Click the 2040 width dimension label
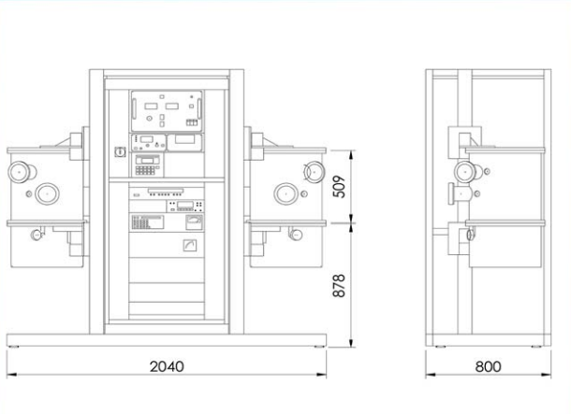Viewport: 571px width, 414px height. (167, 366)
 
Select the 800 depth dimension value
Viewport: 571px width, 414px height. (488, 366)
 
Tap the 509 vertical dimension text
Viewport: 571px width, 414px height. (339, 187)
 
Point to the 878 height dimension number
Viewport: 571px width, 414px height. (339, 286)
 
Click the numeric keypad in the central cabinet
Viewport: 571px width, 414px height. (145, 170)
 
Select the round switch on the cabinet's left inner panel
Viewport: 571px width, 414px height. (120, 151)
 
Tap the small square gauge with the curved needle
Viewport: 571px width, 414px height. (190, 246)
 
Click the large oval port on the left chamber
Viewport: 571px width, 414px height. (48, 193)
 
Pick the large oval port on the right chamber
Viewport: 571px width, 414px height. (285, 193)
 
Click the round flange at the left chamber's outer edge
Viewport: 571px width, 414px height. (20, 172)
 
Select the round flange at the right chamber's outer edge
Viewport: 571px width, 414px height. (314, 172)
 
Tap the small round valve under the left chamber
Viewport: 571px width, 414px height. (37, 235)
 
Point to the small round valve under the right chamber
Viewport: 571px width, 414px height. (297, 235)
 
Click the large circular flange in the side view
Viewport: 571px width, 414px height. (465, 172)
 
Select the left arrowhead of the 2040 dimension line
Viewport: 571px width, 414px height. (11, 375)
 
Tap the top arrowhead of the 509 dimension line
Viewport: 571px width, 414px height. (351, 155)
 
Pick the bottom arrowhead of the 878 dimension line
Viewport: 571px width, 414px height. (351, 342)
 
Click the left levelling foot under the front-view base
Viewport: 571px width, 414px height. (13, 347)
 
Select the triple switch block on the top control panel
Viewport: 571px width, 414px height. (192, 122)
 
